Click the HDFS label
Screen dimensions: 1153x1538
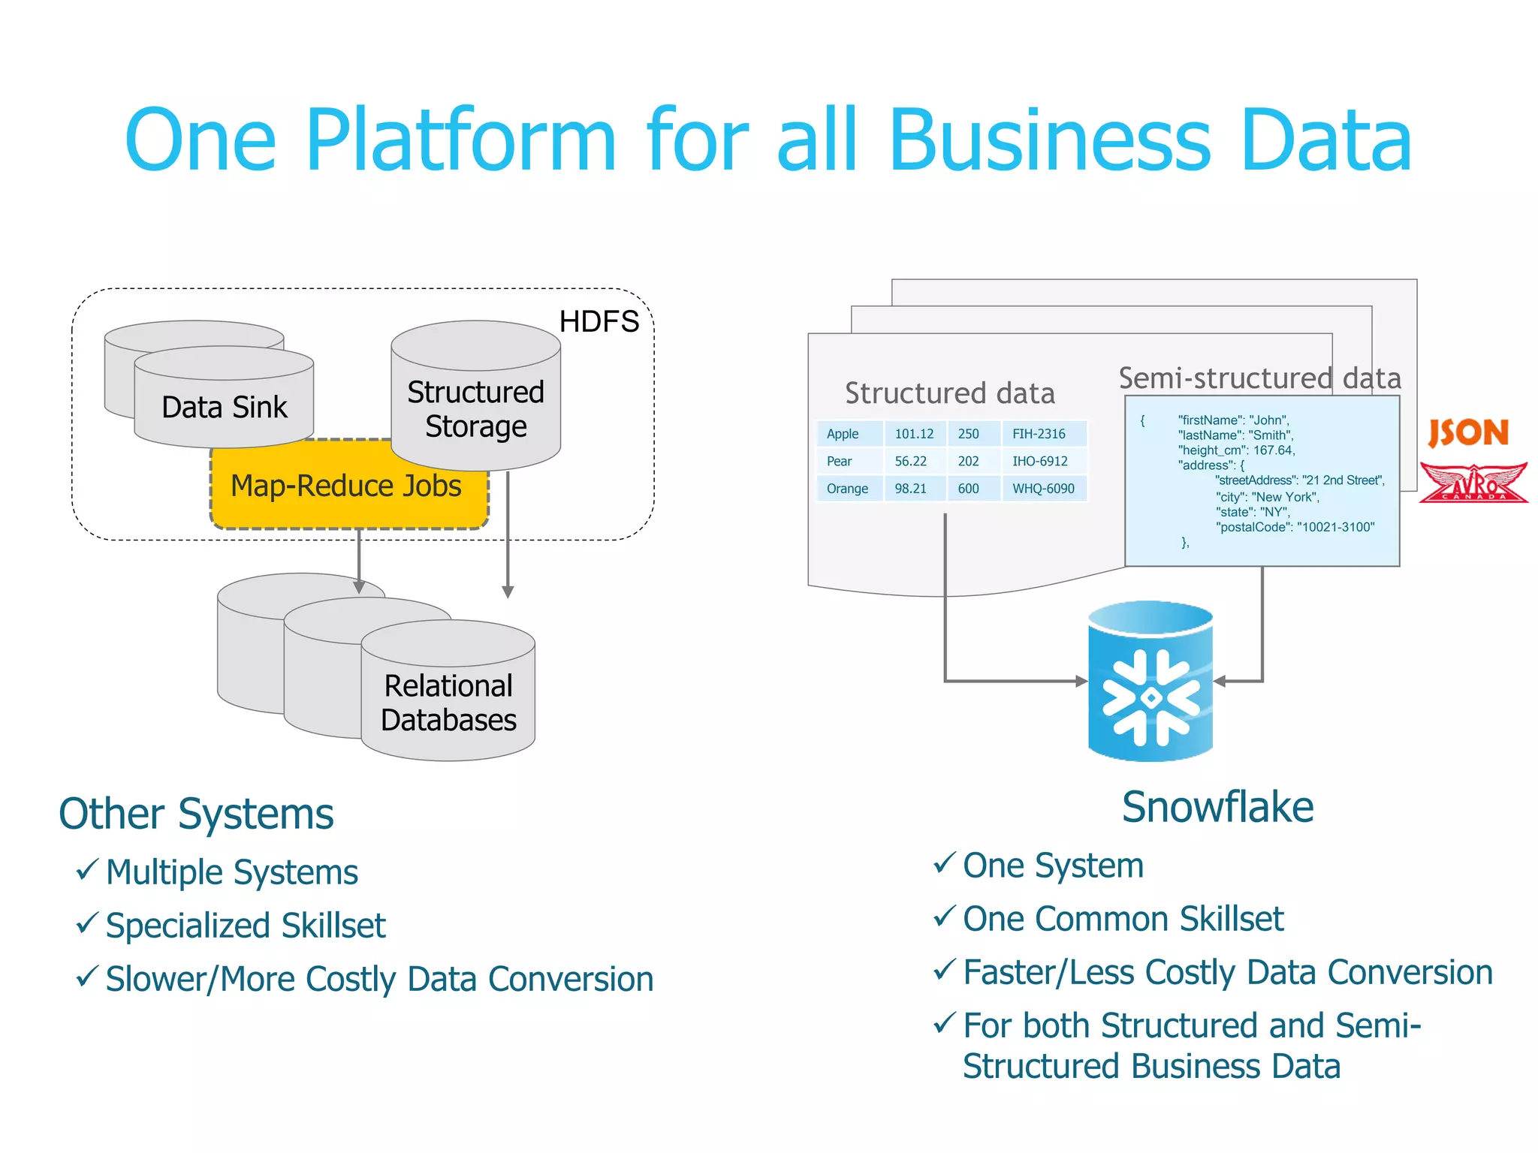(599, 321)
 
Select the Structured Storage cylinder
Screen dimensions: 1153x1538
(475, 409)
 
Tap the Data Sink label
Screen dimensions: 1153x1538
(224, 408)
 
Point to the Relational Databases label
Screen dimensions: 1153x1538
(448, 703)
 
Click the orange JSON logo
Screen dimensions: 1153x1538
(1467, 432)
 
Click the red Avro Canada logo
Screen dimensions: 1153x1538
(1473, 483)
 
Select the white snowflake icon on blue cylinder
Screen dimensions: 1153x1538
(1150, 698)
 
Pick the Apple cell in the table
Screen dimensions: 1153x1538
(843, 434)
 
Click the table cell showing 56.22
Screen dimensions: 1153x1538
(910, 461)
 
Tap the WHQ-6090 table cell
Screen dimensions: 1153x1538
(1043, 489)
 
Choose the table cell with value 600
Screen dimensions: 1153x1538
(968, 489)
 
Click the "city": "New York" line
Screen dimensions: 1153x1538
(1267, 497)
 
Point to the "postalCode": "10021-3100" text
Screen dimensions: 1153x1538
(1295, 527)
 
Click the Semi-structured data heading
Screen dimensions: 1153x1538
(1259, 378)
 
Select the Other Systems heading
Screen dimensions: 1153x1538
(196, 814)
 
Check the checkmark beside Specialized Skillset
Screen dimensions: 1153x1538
(87, 923)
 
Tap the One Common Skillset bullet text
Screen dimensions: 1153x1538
(1123, 919)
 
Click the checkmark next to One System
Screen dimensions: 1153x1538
(944, 863)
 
